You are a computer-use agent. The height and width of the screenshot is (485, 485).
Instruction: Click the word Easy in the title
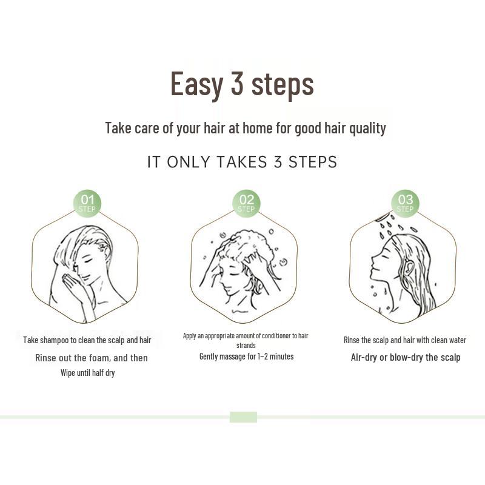(x=197, y=84)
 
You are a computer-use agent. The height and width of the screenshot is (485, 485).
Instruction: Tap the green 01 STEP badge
(x=87, y=203)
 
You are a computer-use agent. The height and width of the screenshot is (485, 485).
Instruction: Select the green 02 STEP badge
(x=246, y=203)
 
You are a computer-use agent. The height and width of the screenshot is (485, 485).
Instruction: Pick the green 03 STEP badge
(x=405, y=203)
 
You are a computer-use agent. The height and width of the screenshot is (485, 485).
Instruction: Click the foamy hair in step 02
(x=249, y=246)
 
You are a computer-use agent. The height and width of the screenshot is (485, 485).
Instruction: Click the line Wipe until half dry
(x=87, y=373)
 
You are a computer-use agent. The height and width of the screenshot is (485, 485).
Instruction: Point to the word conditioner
(x=267, y=336)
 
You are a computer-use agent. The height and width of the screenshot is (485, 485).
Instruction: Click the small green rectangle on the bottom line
(x=243, y=417)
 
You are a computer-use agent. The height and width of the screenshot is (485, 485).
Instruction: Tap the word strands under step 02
(x=246, y=346)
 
